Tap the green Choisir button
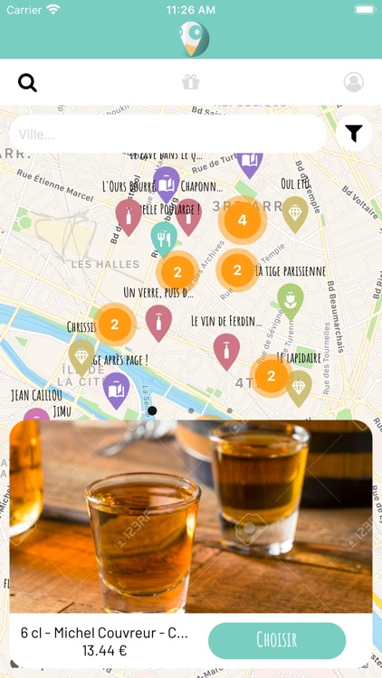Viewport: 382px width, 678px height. click(x=277, y=640)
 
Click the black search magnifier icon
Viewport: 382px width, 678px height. click(x=28, y=83)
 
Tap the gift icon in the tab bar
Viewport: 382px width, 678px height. click(x=190, y=82)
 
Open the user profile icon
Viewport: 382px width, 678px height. click(x=354, y=82)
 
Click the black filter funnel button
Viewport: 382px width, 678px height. click(x=354, y=134)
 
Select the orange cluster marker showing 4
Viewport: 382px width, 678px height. click(x=242, y=220)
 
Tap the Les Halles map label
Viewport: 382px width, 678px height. click(x=106, y=264)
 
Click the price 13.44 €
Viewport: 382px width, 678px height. click(x=104, y=650)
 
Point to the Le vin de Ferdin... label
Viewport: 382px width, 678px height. click(x=226, y=320)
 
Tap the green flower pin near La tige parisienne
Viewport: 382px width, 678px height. click(x=290, y=299)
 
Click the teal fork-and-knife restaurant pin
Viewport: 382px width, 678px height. click(x=163, y=237)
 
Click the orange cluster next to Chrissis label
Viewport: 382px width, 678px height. click(x=115, y=325)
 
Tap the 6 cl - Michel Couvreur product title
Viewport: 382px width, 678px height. click(x=104, y=633)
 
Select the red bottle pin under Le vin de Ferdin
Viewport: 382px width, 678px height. click(x=226, y=349)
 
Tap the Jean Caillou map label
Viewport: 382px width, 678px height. click(x=36, y=395)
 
